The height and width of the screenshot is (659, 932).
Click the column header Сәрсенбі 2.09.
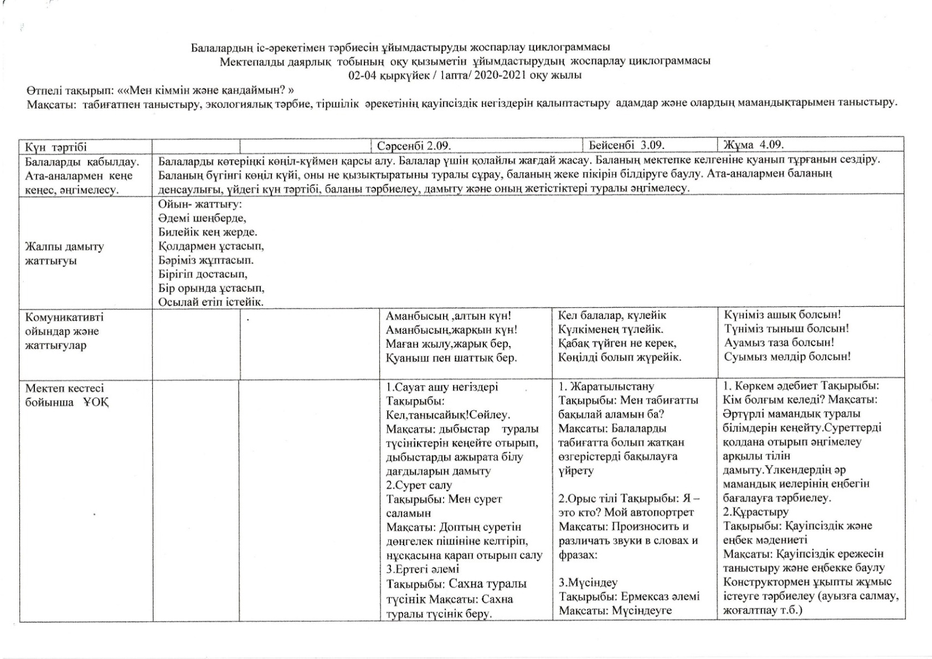click(x=414, y=146)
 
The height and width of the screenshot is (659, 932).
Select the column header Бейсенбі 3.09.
click(x=626, y=146)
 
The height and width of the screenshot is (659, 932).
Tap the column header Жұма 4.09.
click(x=754, y=145)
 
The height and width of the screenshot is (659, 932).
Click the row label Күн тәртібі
click(x=56, y=147)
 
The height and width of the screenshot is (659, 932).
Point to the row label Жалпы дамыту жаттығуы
click(x=64, y=254)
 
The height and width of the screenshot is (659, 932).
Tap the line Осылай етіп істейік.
click(x=210, y=302)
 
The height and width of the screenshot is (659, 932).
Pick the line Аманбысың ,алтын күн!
click(x=448, y=316)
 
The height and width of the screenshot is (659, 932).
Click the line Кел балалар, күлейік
click(x=612, y=316)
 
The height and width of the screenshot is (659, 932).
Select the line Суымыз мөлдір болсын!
click(x=787, y=357)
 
